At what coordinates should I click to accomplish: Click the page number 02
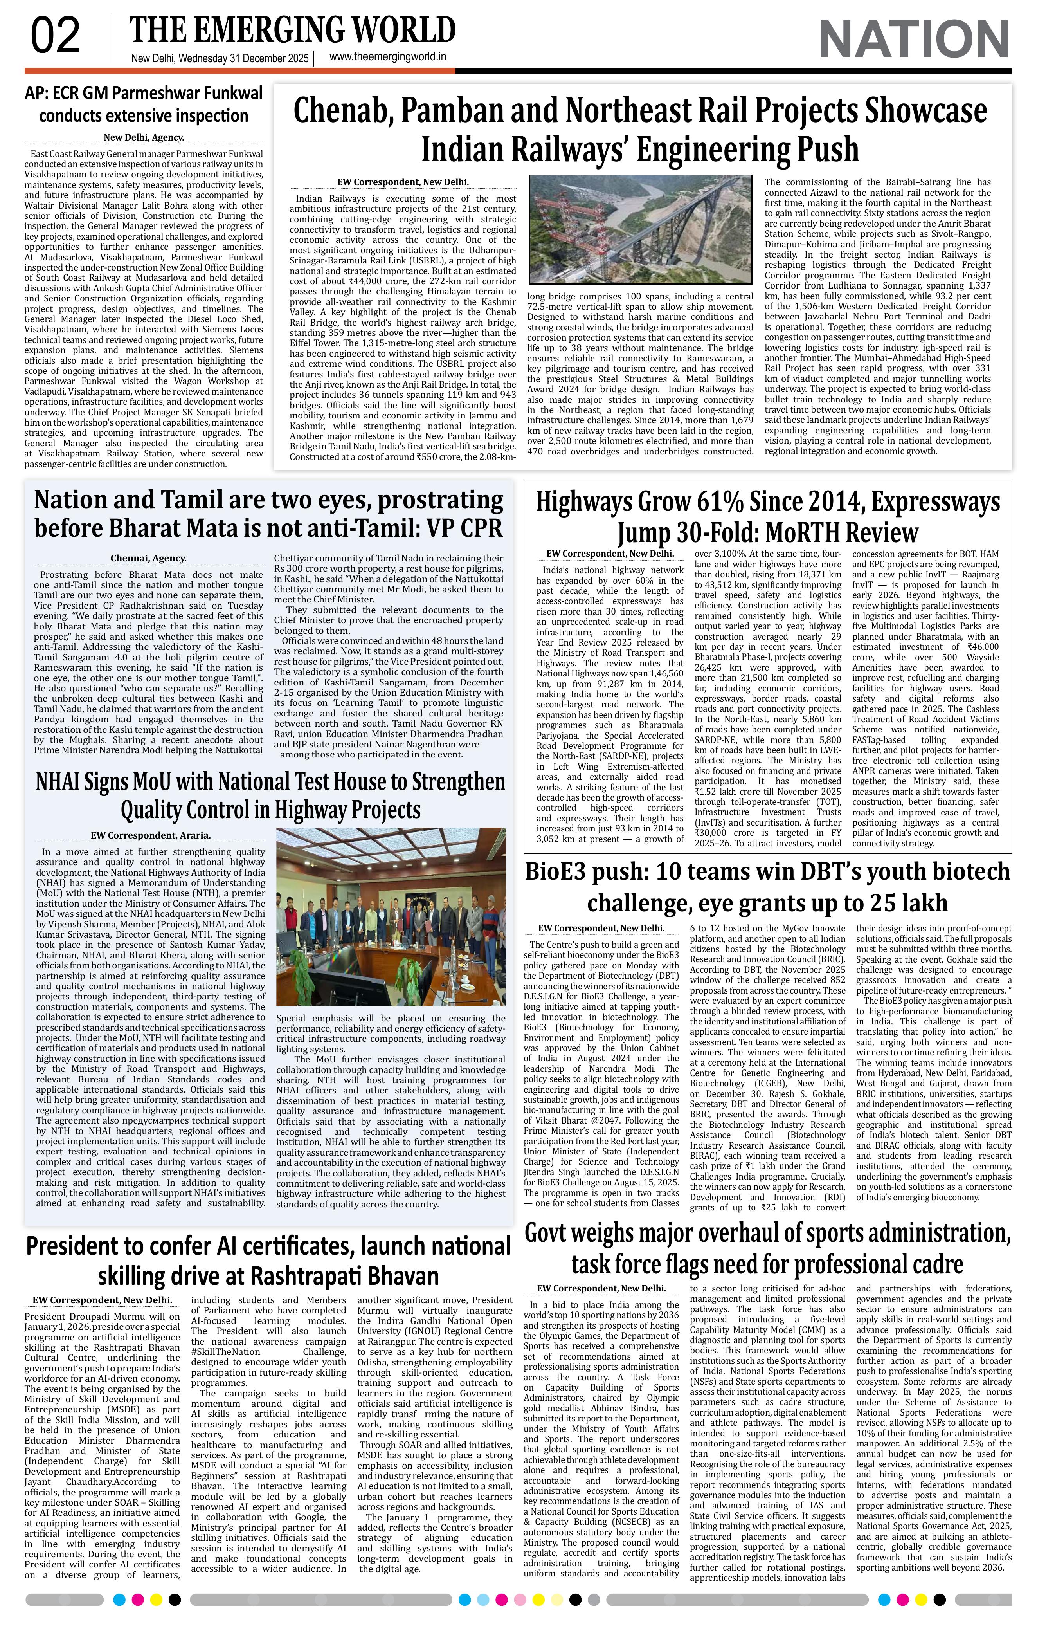click(x=56, y=37)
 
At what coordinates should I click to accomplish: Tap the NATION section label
click(x=914, y=40)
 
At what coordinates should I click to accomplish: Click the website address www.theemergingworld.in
click(x=387, y=58)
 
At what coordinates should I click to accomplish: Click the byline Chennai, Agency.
click(x=149, y=559)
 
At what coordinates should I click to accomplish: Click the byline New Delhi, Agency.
click(x=144, y=137)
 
